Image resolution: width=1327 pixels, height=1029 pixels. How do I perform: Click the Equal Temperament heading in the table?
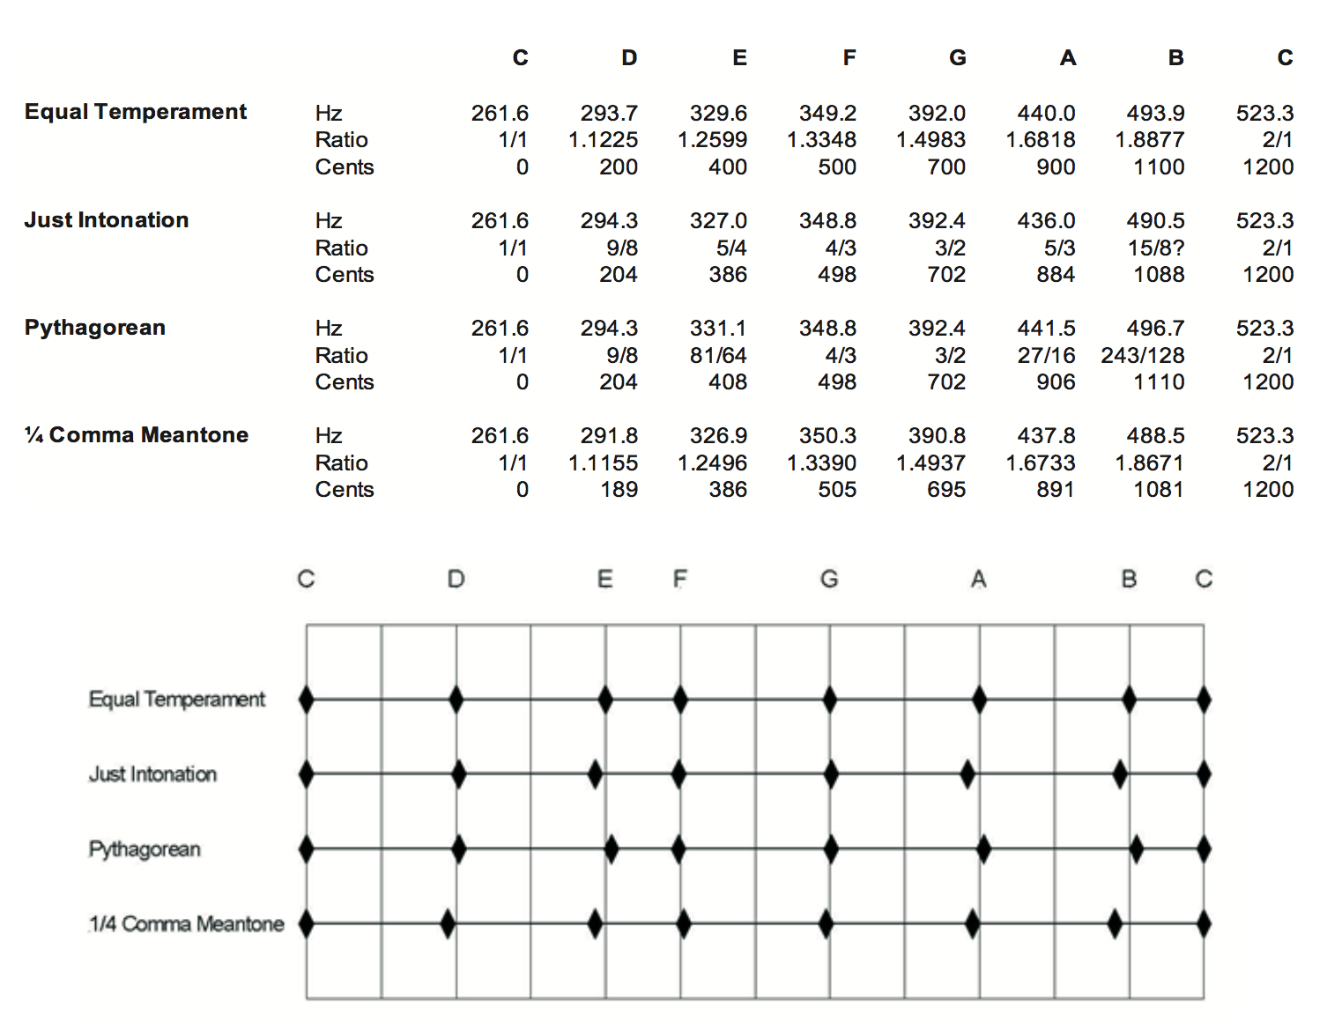[136, 112]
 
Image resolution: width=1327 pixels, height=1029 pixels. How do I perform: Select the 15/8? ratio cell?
[1156, 248]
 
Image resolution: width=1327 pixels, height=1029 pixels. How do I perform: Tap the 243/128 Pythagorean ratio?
[1142, 355]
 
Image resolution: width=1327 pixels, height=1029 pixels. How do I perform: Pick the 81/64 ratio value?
[718, 355]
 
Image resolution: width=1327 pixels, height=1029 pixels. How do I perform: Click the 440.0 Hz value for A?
[1046, 113]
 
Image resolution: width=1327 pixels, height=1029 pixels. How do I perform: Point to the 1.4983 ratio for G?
[930, 139]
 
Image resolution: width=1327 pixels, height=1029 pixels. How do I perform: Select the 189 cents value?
[619, 489]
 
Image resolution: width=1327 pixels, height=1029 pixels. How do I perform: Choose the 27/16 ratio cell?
[1046, 355]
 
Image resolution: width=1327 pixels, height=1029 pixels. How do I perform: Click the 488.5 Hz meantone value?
[1155, 435]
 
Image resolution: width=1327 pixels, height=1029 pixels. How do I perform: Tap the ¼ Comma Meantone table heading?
[137, 434]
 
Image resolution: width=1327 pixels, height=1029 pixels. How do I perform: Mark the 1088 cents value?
[1159, 274]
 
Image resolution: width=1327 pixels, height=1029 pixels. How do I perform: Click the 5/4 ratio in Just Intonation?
[731, 248]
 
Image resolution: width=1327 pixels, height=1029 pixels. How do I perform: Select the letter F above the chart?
[679, 579]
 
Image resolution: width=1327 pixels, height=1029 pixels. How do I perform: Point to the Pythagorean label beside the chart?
[145, 848]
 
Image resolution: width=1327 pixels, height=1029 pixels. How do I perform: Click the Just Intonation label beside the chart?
[152, 774]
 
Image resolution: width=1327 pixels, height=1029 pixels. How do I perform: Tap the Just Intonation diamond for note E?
[596, 774]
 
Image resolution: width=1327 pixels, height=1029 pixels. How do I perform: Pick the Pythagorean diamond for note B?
[1137, 849]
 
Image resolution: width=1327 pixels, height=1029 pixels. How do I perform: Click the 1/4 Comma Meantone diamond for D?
[448, 924]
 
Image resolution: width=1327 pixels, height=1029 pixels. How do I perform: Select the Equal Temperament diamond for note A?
[979, 700]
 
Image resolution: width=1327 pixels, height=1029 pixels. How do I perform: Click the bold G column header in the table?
[958, 58]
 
